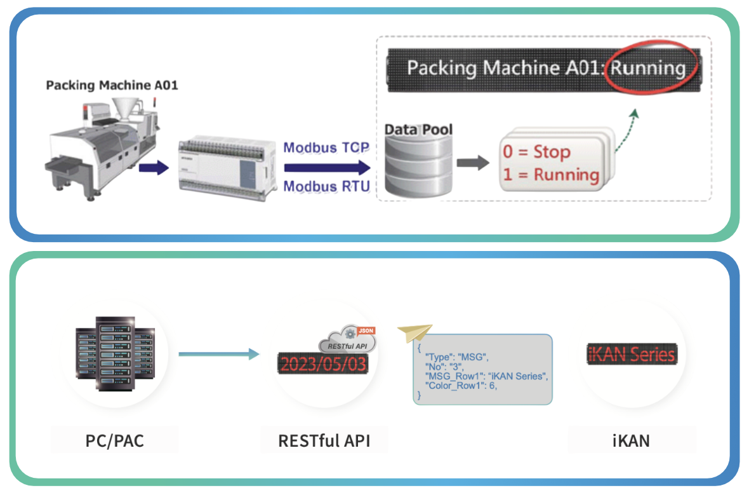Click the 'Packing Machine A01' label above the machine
point(112,85)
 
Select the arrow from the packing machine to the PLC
point(154,168)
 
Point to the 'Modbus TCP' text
point(326,148)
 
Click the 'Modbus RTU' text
point(326,187)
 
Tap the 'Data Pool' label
point(419,130)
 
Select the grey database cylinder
point(418,166)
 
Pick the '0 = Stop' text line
point(537,152)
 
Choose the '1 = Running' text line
point(551,174)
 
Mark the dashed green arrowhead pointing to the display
point(634,113)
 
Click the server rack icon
point(115,353)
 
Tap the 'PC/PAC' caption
point(115,440)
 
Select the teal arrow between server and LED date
point(219,353)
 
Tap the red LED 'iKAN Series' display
point(632,354)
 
